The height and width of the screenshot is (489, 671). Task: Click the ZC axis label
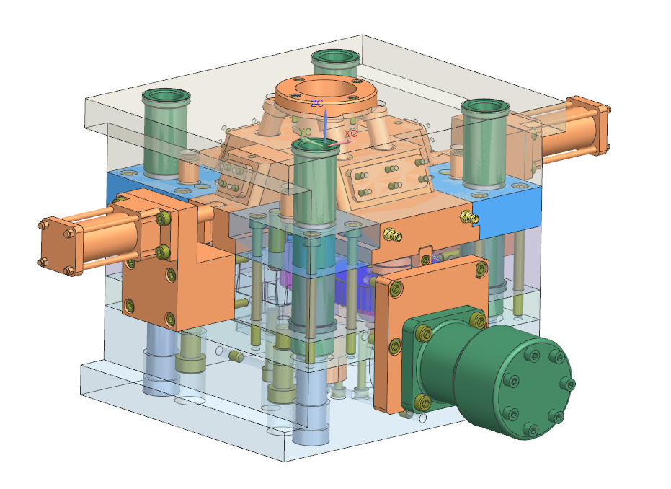pos(317,104)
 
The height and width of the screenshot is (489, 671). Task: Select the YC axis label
pos(305,132)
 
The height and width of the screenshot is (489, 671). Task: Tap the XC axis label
pos(350,133)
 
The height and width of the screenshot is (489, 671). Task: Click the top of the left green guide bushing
pos(166,96)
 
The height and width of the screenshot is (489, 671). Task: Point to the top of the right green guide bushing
pos(485,107)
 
